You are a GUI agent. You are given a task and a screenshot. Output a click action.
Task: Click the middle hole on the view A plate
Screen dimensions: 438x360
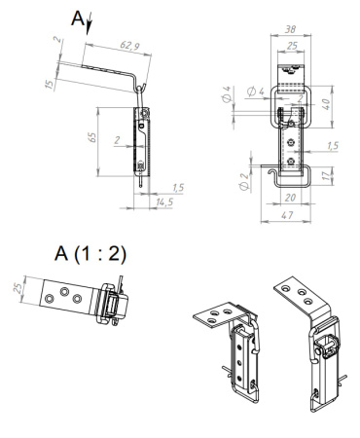(x=65, y=292)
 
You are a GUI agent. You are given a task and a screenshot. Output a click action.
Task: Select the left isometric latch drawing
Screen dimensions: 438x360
(x=233, y=350)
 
